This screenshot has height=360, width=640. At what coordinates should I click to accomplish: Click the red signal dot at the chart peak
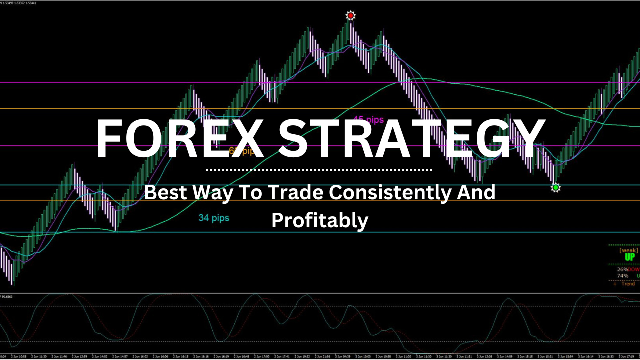point(350,16)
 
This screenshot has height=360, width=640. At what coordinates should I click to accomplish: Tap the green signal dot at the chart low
point(555,188)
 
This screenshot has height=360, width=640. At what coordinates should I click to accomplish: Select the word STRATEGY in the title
point(411,138)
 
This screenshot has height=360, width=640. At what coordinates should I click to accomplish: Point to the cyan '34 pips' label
point(214,218)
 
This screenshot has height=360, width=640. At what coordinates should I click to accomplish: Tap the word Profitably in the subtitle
point(320,220)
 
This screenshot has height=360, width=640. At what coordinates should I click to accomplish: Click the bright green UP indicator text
point(630,257)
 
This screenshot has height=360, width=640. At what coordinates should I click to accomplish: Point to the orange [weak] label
point(628,250)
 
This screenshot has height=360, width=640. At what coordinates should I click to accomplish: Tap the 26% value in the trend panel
point(622,270)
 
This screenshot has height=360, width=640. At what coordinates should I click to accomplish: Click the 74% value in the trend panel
point(622,276)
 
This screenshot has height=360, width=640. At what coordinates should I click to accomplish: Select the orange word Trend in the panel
point(628,284)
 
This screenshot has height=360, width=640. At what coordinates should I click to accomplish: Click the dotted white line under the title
point(320,170)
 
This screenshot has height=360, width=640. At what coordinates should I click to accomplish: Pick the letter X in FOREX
point(251,138)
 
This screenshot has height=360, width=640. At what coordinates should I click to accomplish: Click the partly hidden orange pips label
point(241,151)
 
